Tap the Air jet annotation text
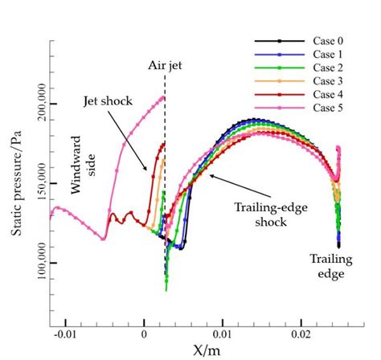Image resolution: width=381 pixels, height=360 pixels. click(165, 66)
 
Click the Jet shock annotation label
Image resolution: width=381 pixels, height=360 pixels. click(107, 102)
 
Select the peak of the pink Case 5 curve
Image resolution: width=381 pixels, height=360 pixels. click(164, 97)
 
